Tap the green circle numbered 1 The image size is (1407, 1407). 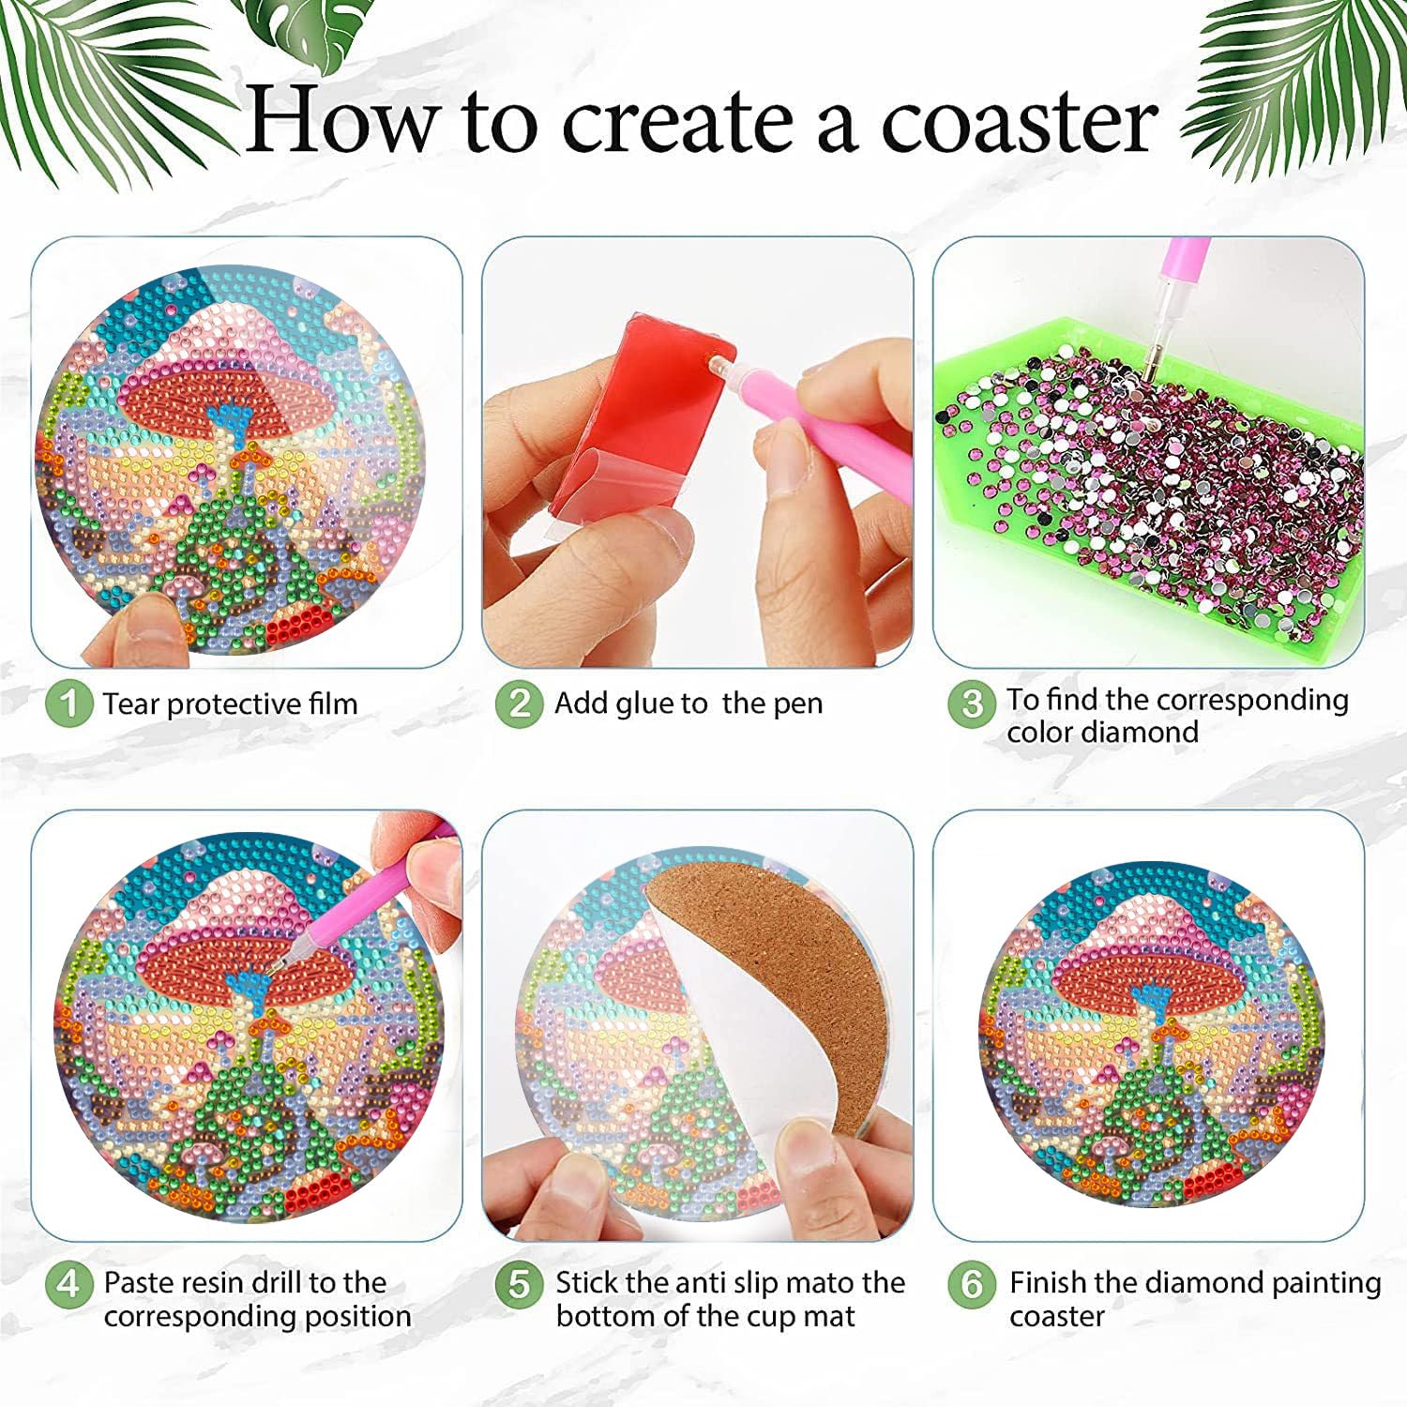68,703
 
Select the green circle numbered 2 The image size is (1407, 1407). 520,703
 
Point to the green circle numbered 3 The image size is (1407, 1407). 972,703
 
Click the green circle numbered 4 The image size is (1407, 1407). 68,1283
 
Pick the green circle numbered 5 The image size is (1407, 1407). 520,1283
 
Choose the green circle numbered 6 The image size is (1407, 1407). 972,1283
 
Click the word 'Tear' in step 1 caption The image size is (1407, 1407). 131,703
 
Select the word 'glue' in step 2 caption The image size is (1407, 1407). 643,704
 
